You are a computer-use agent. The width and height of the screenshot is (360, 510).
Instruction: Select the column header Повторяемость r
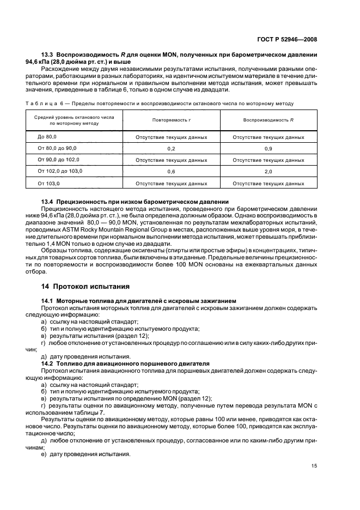[171, 120]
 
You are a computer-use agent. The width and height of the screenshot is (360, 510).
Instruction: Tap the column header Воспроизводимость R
[268, 120]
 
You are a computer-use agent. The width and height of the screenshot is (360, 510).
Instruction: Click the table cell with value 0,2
[171, 148]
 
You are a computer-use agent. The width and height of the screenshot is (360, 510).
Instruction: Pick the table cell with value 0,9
[268, 148]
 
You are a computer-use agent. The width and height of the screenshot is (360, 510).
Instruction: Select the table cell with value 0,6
[171, 172]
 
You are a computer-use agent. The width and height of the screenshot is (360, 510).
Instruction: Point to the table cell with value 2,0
[268, 172]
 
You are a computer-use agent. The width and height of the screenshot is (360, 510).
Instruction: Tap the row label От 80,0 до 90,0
[57, 148]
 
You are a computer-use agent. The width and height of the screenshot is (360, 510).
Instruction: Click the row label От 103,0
[48, 183]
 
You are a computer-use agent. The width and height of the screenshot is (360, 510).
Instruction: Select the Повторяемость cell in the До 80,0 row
[171, 137]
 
